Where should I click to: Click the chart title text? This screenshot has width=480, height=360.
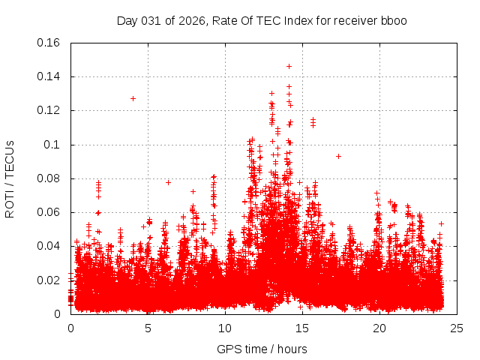point(262,20)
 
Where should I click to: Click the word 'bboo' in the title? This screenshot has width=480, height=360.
point(393,20)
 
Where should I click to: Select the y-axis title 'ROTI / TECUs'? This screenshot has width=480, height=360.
point(10,178)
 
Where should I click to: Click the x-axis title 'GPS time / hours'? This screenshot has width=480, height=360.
point(262,349)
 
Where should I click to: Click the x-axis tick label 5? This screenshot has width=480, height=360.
point(148,328)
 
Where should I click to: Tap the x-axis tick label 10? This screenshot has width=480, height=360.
point(225,328)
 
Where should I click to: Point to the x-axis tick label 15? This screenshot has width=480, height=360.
point(302,328)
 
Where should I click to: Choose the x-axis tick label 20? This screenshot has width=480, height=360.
point(379,328)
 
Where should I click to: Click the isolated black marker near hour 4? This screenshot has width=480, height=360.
point(133,98)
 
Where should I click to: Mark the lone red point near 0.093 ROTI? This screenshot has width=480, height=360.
point(338,156)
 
